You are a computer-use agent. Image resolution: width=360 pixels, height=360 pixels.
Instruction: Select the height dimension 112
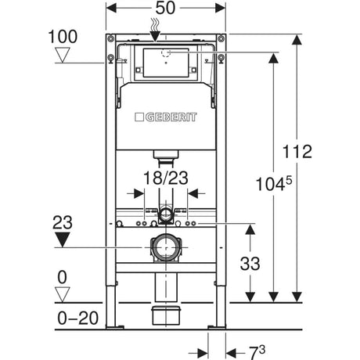[x=298, y=152]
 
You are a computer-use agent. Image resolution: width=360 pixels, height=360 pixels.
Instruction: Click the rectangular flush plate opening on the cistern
[x=165, y=63]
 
